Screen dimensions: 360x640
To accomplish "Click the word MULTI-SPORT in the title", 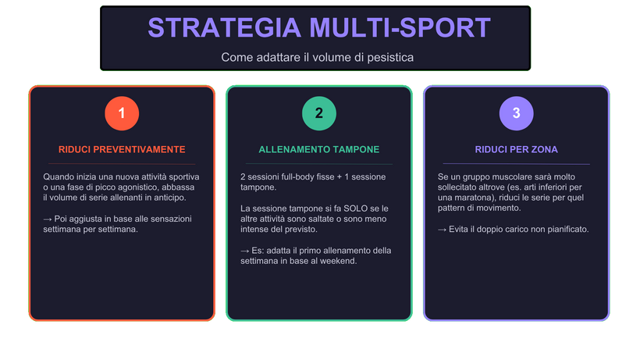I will coord(400,28).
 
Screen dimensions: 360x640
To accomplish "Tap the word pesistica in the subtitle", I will coord(390,58).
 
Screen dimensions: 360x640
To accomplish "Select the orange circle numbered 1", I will coord(121,114).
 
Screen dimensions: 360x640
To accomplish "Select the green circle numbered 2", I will coord(318,114).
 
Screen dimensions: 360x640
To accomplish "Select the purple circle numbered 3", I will coord(516,114).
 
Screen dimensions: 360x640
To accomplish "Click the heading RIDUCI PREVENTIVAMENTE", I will coord(122,149).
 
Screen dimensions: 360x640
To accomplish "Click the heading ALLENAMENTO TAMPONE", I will coord(319,149).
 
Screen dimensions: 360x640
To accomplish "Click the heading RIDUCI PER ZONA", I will coord(516,149).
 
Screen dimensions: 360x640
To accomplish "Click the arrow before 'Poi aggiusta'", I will coord(48,219).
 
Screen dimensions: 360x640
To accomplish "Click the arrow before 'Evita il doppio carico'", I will coord(443,230).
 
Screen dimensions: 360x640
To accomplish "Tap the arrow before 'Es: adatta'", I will coord(245,251).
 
